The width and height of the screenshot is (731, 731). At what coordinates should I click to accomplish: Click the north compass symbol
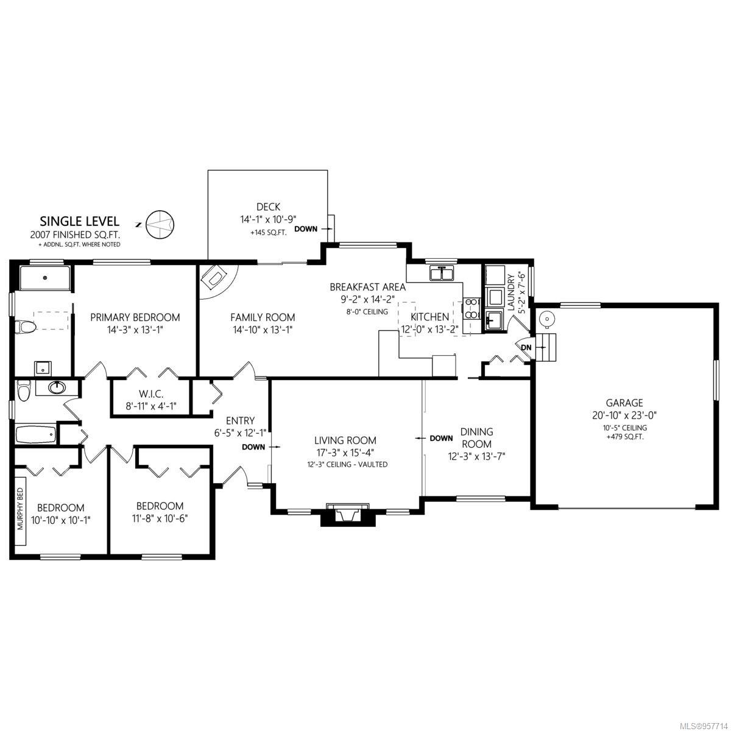coord(160,224)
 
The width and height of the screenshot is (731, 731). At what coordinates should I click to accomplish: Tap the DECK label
coord(268,207)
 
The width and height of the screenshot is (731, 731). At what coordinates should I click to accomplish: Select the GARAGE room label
coord(624,402)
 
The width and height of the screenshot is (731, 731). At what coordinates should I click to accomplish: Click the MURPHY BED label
coord(21,508)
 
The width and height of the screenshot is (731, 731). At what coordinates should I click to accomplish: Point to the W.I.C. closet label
coord(150,394)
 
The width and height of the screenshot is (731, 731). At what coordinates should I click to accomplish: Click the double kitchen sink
coord(442,273)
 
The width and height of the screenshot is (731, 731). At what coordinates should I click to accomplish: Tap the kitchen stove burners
coord(471,309)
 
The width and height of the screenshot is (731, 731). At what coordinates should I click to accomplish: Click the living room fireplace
coord(347,514)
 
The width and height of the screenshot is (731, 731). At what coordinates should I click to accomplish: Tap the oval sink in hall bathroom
coord(57,387)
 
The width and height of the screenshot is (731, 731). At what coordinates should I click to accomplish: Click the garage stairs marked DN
coord(545,347)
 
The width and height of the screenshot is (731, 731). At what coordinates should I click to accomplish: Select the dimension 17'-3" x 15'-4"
coord(345,453)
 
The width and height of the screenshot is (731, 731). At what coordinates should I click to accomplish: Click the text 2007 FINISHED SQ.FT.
coord(75,235)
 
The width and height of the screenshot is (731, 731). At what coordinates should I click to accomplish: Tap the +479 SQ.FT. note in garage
coord(625,437)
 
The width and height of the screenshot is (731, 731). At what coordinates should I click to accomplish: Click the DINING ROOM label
coord(476,438)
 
